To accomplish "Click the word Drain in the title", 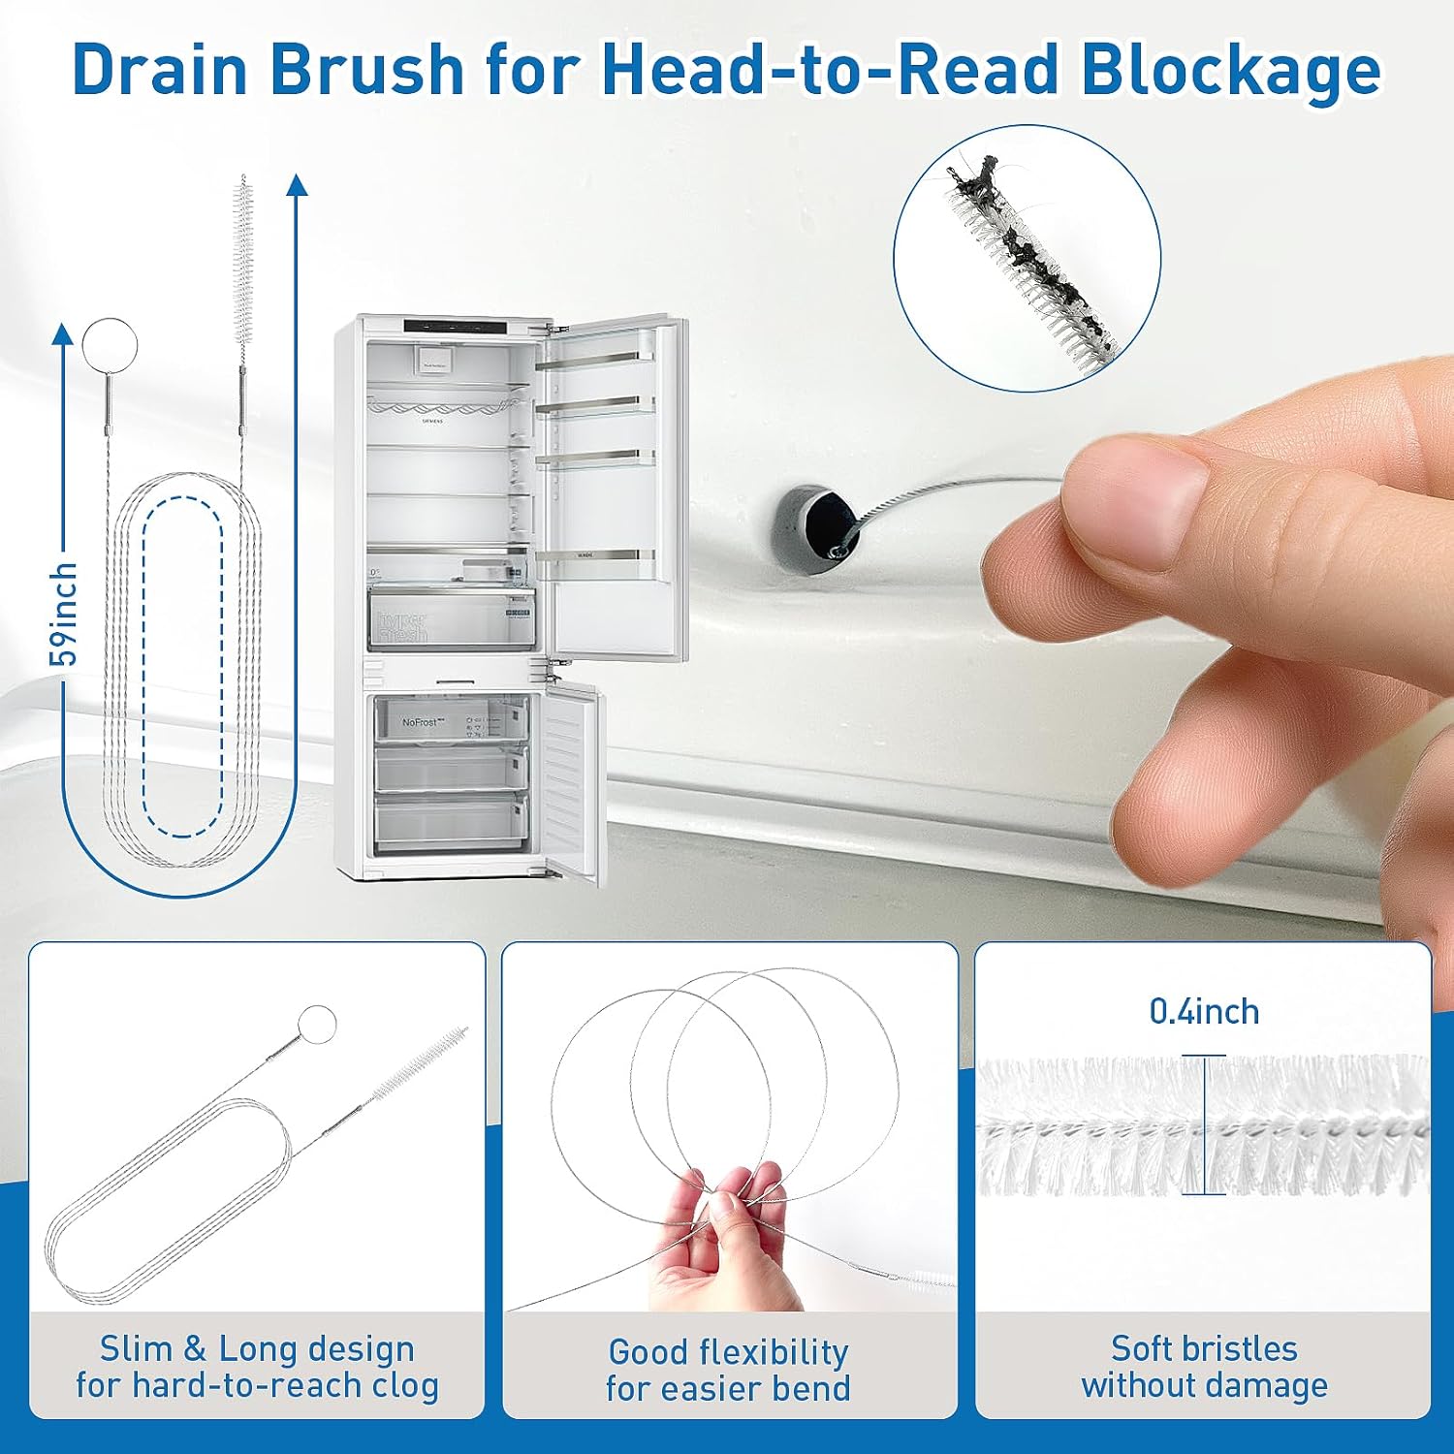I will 161,70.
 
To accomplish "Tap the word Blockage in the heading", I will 1231,70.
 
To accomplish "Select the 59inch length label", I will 64,614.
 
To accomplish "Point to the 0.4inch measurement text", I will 1204,1011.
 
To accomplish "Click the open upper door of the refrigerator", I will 611,485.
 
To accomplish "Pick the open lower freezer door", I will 570,780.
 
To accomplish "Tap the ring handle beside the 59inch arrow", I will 110,344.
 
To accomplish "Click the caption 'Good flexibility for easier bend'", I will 728,1369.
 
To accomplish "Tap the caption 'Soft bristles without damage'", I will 1204,1366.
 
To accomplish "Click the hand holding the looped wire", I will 717,1246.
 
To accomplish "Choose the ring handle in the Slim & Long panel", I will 317,1024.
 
